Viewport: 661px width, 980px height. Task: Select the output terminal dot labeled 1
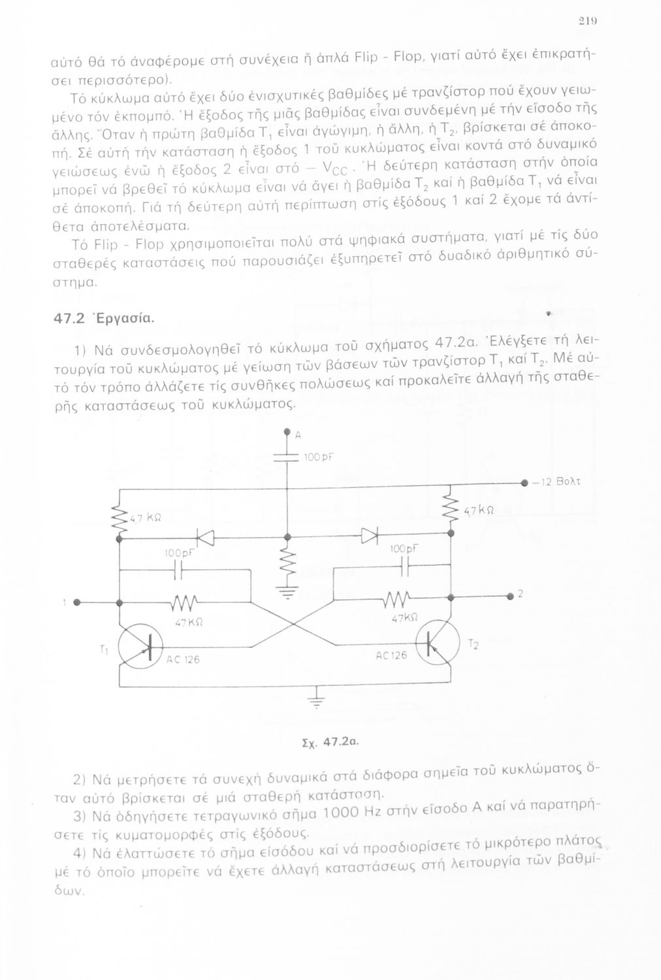tap(76, 601)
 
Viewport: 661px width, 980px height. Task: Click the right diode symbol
tap(371, 535)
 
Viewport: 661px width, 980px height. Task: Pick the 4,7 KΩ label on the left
tap(144, 519)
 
